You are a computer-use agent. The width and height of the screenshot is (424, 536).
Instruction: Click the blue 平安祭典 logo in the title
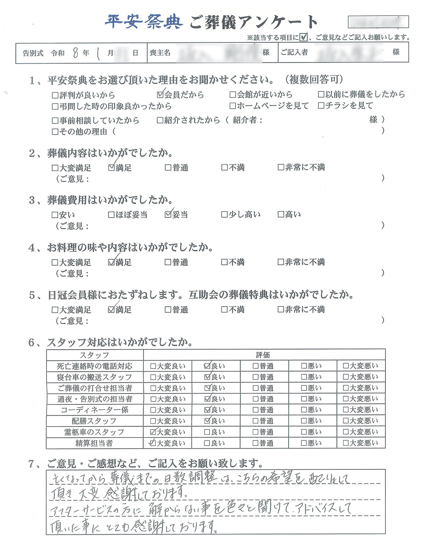(144, 21)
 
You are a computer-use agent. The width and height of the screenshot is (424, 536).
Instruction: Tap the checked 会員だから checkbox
(160, 95)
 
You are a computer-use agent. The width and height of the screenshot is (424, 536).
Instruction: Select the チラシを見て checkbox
(321, 106)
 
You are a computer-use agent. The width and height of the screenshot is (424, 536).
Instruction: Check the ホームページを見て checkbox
(232, 106)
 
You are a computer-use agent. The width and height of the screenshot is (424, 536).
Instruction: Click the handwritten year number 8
(75, 53)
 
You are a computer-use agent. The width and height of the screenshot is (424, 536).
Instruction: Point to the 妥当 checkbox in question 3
(168, 215)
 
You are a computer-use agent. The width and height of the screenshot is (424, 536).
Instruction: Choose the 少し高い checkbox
(224, 215)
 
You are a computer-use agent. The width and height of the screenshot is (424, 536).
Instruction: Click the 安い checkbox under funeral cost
(55, 215)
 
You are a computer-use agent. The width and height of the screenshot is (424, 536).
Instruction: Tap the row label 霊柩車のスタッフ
(94, 432)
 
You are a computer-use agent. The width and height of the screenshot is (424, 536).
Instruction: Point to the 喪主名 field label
(160, 53)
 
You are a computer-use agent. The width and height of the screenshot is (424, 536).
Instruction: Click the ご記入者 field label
(294, 53)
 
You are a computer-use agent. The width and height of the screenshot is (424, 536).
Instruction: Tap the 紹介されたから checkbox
(160, 121)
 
